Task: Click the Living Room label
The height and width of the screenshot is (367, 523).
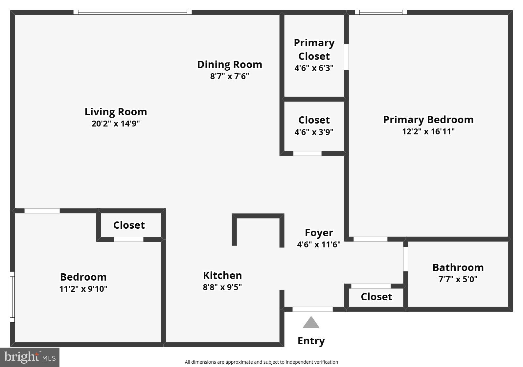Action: coord(116,112)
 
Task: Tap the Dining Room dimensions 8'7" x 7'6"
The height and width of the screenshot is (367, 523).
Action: coord(229,76)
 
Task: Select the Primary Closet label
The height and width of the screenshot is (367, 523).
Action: coord(314,49)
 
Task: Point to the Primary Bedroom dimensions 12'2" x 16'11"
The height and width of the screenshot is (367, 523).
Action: coord(428,131)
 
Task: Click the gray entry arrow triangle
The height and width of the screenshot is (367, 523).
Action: coord(311,323)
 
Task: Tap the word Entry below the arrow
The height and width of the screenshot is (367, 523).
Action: coord(311,341)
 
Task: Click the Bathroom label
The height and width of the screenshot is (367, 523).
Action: coord(458,267)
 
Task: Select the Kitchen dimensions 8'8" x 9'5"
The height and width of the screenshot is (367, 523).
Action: coord(222,287)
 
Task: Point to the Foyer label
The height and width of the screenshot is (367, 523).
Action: coord(319,233)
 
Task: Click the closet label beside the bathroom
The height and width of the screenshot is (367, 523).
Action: coord(376,297)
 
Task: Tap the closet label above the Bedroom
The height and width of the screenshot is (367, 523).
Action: coord(129,225)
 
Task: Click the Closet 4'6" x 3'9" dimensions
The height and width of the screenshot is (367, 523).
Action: coord(314,132)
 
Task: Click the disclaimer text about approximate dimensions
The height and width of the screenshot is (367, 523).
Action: coord(261,362)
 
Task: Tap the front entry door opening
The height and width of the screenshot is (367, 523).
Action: coord(312,309)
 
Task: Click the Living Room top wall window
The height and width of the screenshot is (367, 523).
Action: coord(132,12)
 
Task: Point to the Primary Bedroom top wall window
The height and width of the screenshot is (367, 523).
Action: coord(381,12)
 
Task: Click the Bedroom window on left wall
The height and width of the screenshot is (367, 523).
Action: coord(12,297)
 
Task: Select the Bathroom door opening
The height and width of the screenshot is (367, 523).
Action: coord(406,259)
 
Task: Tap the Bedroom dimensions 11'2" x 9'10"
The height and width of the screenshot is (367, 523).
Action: coord(83,289)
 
